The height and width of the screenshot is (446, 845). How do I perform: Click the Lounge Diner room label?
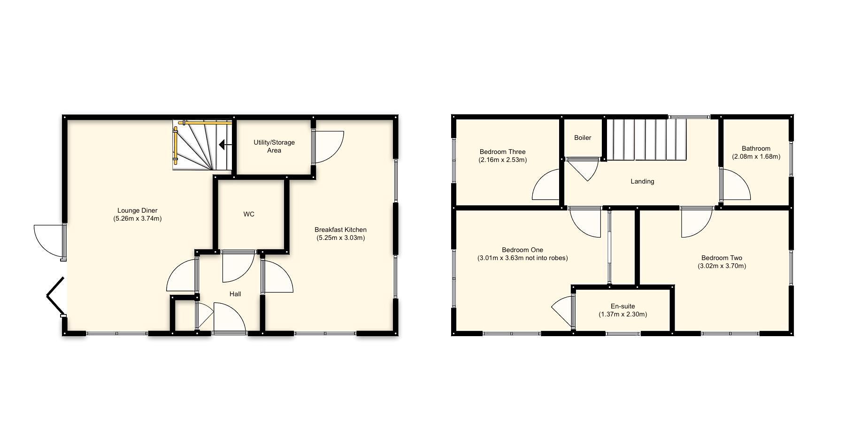pos(137,210)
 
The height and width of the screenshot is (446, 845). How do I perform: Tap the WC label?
pos(249,214)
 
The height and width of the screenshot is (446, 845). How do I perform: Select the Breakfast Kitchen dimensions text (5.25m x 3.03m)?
pos(340,238)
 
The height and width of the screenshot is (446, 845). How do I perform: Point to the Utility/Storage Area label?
pos(274,146)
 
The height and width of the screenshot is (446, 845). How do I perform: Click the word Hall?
pos(235,294)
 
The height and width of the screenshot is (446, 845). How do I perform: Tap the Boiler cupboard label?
pos(583,138)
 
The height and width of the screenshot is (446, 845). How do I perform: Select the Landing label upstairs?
pos(642,181)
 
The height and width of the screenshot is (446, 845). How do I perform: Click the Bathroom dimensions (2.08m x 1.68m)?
pos(756,156)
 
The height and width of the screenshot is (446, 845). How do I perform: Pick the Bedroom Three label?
pos(502,152)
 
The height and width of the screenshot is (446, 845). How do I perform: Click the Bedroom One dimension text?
pos(522,258)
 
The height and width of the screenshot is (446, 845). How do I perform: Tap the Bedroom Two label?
pos(722,258)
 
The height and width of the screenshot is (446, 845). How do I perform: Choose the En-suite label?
pos(622,306)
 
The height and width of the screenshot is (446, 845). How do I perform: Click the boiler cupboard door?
pos(584,169)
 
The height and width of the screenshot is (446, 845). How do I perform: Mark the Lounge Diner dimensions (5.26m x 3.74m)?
pos(137,218)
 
